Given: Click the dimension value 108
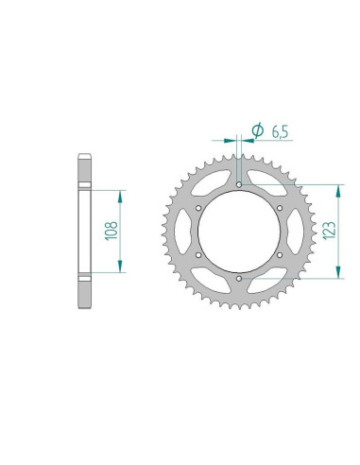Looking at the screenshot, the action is coord(111,231).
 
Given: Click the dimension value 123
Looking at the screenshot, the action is coord(330,231).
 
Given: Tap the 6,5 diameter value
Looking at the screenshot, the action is coord(280,132).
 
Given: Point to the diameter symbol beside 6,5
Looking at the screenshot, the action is coord(258,129).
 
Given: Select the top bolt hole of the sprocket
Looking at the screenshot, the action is coord(239,184).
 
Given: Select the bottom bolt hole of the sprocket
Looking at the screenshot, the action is coord(239,279).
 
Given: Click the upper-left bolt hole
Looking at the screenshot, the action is coord(198,208).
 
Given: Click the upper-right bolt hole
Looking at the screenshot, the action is coord(280,208).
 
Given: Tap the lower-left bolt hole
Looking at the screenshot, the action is coord(198,255).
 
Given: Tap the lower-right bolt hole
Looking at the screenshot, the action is coord(280,255).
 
